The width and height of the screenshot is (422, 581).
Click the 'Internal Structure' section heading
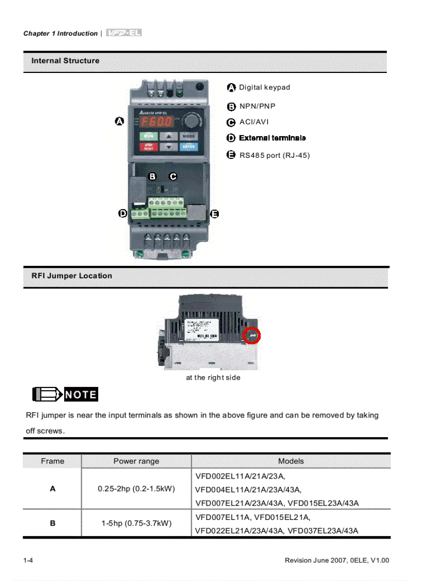pos(65,61)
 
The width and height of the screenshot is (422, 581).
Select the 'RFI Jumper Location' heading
pos(71,276)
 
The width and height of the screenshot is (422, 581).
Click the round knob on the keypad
pos(192,121)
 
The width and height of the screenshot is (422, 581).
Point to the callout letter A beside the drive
pos(119,121)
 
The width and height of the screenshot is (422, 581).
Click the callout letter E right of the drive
pos(215,214)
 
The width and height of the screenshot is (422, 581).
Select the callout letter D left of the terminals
pos(123,213)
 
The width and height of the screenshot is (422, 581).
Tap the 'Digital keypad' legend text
pos(264,87)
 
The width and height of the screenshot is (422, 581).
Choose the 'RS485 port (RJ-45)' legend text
pos(274,155)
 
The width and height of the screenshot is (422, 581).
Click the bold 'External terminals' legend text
pos(272,138)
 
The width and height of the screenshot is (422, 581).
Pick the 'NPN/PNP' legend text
pos(257,106)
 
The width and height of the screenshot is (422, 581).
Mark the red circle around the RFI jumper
pos(252,336)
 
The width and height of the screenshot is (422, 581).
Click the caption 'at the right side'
pos(213,378)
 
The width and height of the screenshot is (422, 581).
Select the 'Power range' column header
pos(136,461)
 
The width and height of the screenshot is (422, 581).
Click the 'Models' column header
pos(291,461)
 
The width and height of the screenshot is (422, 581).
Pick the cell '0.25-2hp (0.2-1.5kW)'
pos(136,489)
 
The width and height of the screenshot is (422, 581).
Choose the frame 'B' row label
pos(52,523)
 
